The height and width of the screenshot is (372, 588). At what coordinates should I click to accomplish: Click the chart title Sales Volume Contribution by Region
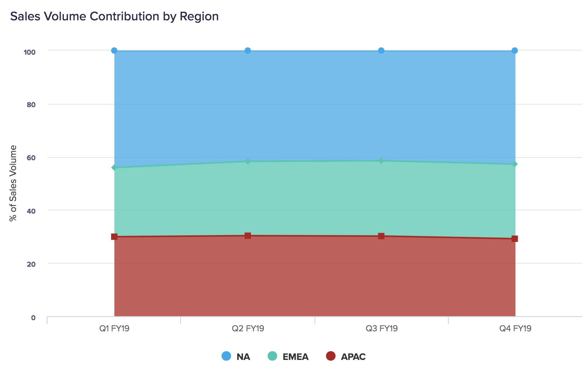pyautogui.click(x=114, y=16)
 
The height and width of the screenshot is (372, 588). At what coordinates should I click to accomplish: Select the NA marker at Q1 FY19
pyautogui.click(x=114, y=51)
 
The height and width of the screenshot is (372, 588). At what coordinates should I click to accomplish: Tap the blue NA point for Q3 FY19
pyautogui.click(x=381, y=51)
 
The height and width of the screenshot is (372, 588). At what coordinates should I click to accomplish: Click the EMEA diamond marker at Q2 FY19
pyautogui.click(x=248, y=162)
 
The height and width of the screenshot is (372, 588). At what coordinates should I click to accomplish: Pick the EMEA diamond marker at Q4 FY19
pyautogui.click(x=515, y=164)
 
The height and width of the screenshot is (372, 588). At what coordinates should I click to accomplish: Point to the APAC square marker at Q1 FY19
pyautogui.click(x=114, y=237)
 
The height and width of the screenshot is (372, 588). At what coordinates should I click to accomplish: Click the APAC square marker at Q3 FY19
pyautogui.click(x=381, y=236)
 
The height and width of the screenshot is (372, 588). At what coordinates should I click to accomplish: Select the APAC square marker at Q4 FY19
pyautogui.click(x=515, y=239)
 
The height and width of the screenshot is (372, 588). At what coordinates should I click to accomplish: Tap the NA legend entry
pyautogui.click(x=236, y=356)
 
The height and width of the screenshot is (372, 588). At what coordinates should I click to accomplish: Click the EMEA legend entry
pyautogui.click(x=288, y=356)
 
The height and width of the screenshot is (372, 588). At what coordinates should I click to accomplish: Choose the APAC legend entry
pyautogui.click(x=346, y=356)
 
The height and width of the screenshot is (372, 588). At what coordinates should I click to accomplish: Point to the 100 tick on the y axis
pyautogui.click(x=30, y=52)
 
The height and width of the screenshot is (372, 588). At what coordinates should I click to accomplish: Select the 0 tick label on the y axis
pyautogui.click(x=33, y=317)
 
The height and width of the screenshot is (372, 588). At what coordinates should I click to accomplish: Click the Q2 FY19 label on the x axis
pyautogui.click(x=248, y=328)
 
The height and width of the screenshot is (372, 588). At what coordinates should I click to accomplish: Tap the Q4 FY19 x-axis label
pyautogui.click(x=515, y=328)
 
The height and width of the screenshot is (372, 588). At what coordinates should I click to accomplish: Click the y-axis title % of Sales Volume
pyautogui.click(x=13, y=183)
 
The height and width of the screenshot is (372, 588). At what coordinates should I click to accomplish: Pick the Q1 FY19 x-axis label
pyautogui.click(x=114, y=328)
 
